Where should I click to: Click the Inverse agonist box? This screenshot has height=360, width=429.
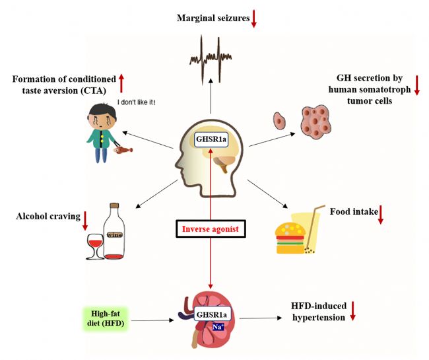[211, 229]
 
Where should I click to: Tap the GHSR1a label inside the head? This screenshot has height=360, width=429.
[211, 139]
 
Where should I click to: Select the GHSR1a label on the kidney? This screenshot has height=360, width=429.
[211, 314]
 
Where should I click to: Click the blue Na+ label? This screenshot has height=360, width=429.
[218, 326]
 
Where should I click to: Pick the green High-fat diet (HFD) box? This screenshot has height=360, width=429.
[106, 318]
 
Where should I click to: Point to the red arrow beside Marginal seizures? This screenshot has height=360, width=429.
[254, 18]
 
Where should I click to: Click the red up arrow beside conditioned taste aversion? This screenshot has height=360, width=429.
[121, 83]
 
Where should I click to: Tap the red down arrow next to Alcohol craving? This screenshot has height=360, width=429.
[85, 221]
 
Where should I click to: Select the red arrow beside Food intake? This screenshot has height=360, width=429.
[381, 215]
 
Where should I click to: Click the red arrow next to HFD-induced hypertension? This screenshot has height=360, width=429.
[353, 311]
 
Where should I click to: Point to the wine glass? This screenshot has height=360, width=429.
[95, 246]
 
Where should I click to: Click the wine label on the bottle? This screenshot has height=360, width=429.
[115, 235]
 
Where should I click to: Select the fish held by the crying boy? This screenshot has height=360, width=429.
[123, 150]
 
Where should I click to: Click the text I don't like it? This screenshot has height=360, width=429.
[136, 102]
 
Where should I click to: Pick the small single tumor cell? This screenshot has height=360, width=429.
[279, 121]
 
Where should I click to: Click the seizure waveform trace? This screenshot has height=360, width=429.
[211, 59]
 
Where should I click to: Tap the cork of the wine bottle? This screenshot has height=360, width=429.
[114, 205]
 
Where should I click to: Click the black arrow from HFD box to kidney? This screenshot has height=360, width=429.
[152, 320]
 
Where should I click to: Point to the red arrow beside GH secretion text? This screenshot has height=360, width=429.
[416, 85]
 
